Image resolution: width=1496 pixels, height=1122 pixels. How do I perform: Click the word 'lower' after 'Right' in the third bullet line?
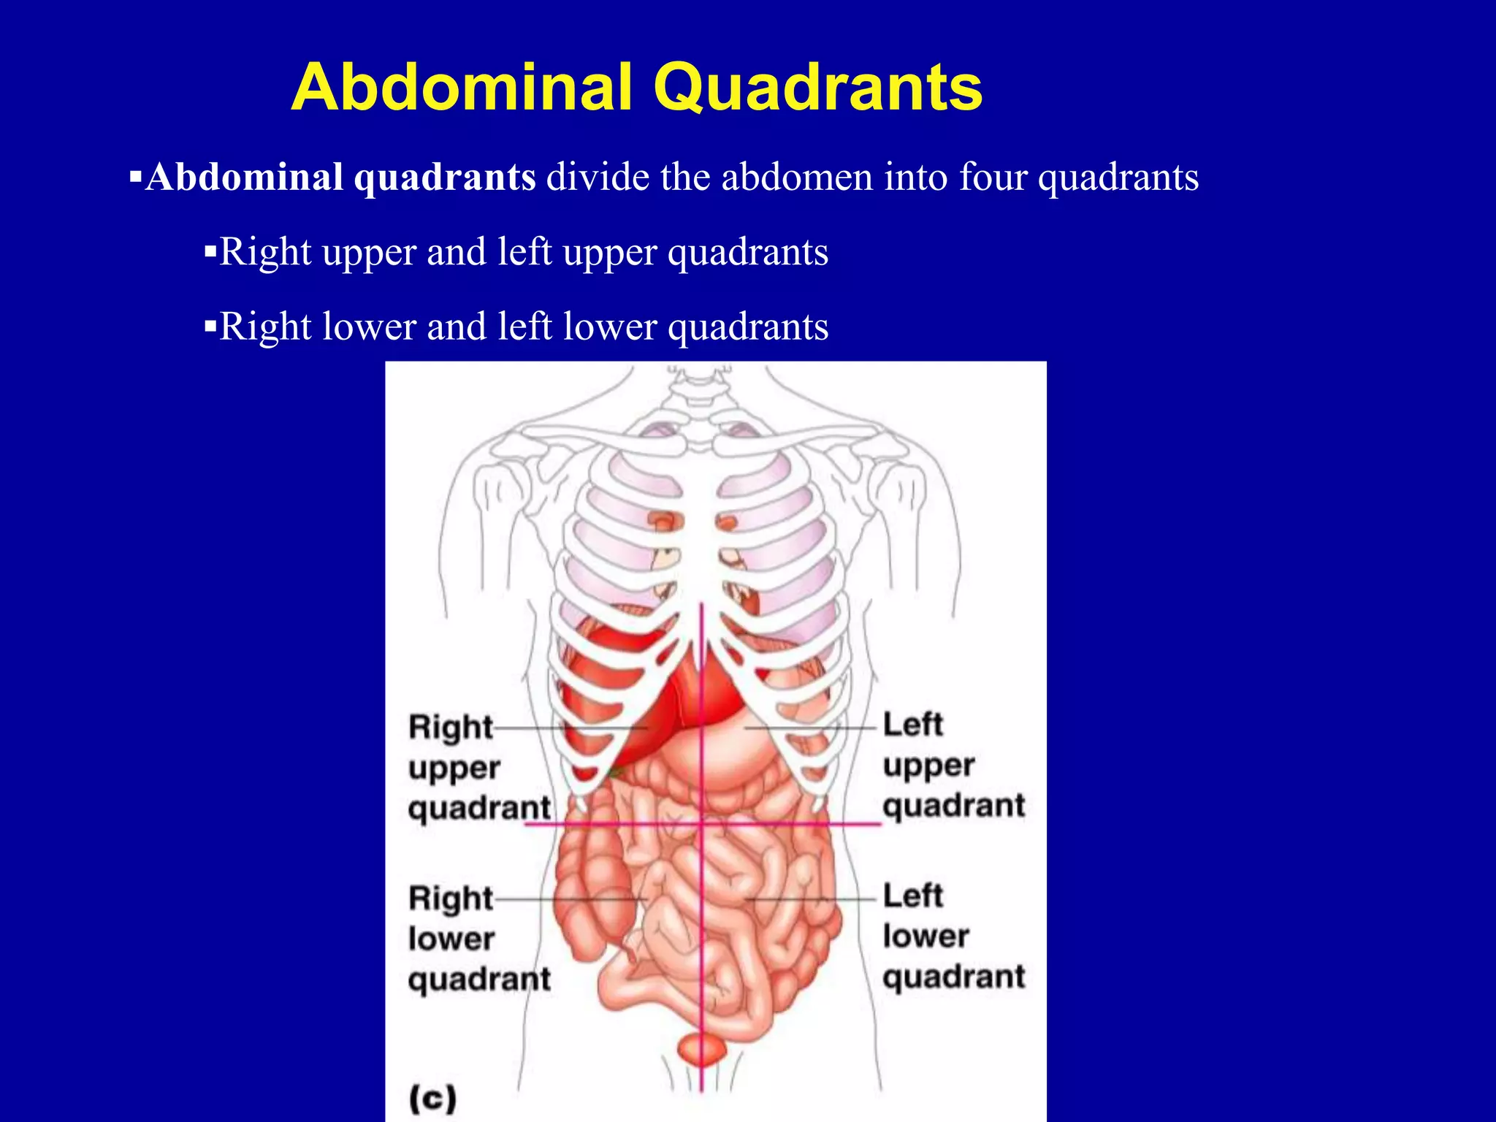369,327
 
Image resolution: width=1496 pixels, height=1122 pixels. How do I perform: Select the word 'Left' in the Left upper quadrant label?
913,725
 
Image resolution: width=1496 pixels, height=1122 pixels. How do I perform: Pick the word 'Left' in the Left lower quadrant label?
913,896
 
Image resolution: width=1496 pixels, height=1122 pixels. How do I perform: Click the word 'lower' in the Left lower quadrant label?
926,936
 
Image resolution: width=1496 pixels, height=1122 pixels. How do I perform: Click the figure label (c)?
432,1098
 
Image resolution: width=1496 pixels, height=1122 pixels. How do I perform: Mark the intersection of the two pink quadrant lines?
702,824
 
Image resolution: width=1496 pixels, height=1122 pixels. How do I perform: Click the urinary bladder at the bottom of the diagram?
701,1050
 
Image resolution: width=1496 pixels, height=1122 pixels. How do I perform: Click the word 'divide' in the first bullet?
598,178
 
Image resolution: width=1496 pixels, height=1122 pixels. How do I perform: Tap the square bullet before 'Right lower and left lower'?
210,326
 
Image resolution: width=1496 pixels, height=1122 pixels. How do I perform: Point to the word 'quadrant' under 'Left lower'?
953,977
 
